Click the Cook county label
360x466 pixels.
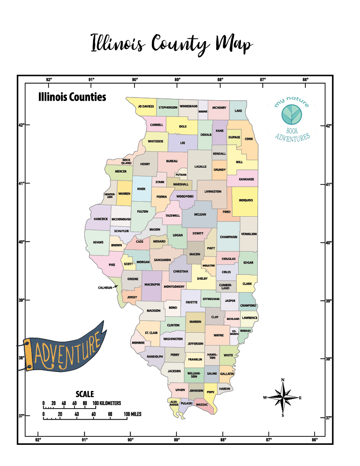coord(249,139)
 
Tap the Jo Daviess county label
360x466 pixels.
coord(146,106)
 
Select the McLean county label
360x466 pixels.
coord(200,214)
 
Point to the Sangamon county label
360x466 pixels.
coord(162,260)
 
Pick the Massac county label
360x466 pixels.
coord(202,404)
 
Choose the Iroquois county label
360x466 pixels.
coord(246,200)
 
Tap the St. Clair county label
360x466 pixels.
coord(151,333)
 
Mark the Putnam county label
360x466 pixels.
coord(181,174)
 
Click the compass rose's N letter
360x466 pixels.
coord(283,380)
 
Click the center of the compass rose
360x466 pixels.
coord(283,397)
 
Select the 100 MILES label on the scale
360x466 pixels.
coord(132,414)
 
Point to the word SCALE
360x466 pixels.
coord(85,394)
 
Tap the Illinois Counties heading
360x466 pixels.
coord(72,97)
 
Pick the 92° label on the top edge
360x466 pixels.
coord(49,79)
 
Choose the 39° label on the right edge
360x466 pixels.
coord(328,301)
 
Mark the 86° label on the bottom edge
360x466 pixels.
coord(314,440)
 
